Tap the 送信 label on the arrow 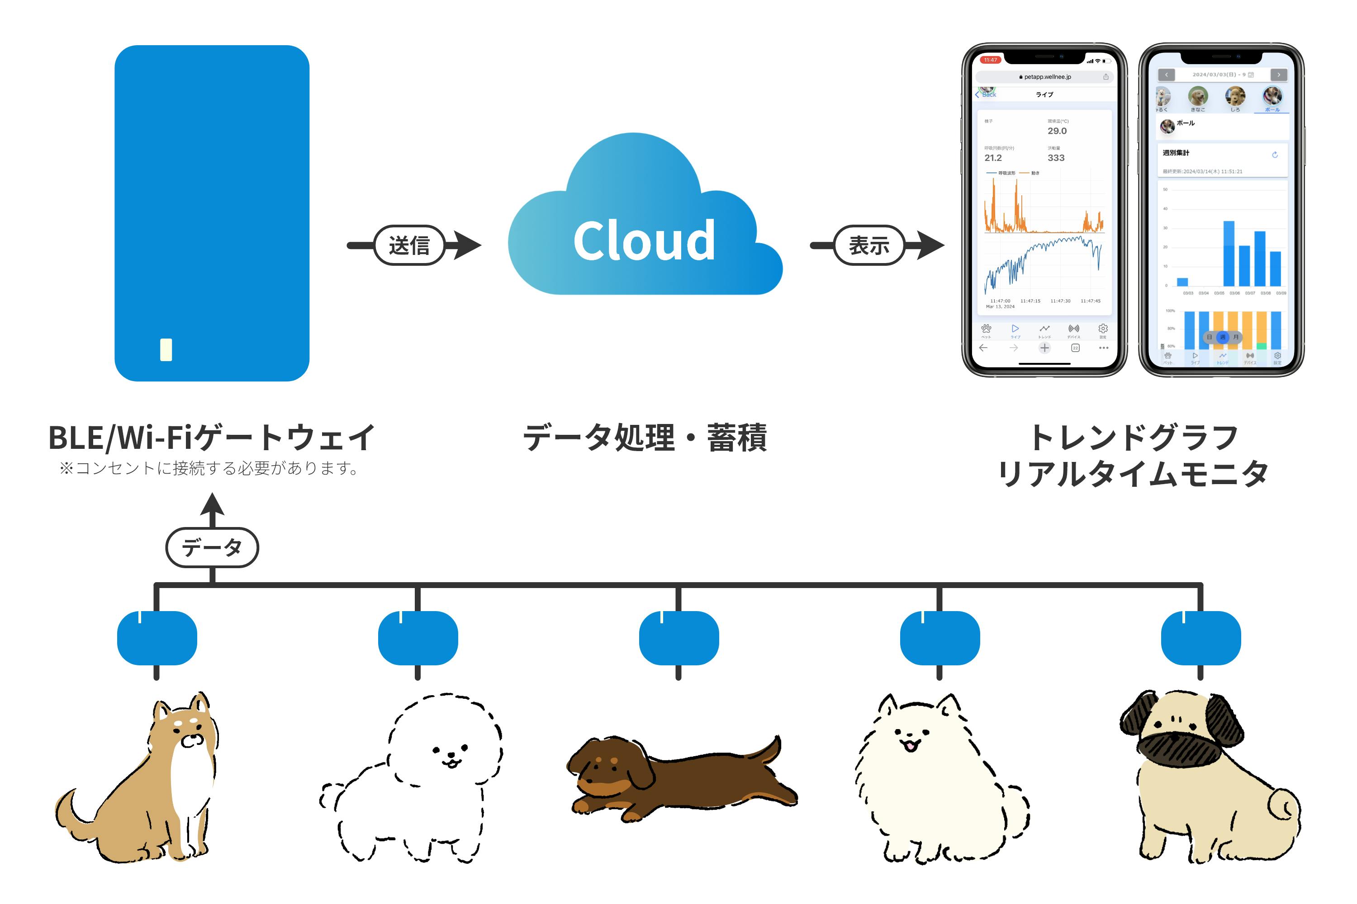point(409,245)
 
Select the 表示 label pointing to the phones point(869,245)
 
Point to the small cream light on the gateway point(166,349)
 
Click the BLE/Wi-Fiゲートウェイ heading point(212,437)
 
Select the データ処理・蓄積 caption point(645,437)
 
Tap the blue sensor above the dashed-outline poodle point(418,638)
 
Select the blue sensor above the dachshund point(678,638)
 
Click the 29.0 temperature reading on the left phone point(1057,131)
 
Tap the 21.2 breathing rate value point(993,158)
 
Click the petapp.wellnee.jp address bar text point(1047,77)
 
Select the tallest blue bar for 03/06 point(1229,254)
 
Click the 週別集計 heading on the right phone point(1176,153)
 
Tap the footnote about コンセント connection point(211,468)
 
